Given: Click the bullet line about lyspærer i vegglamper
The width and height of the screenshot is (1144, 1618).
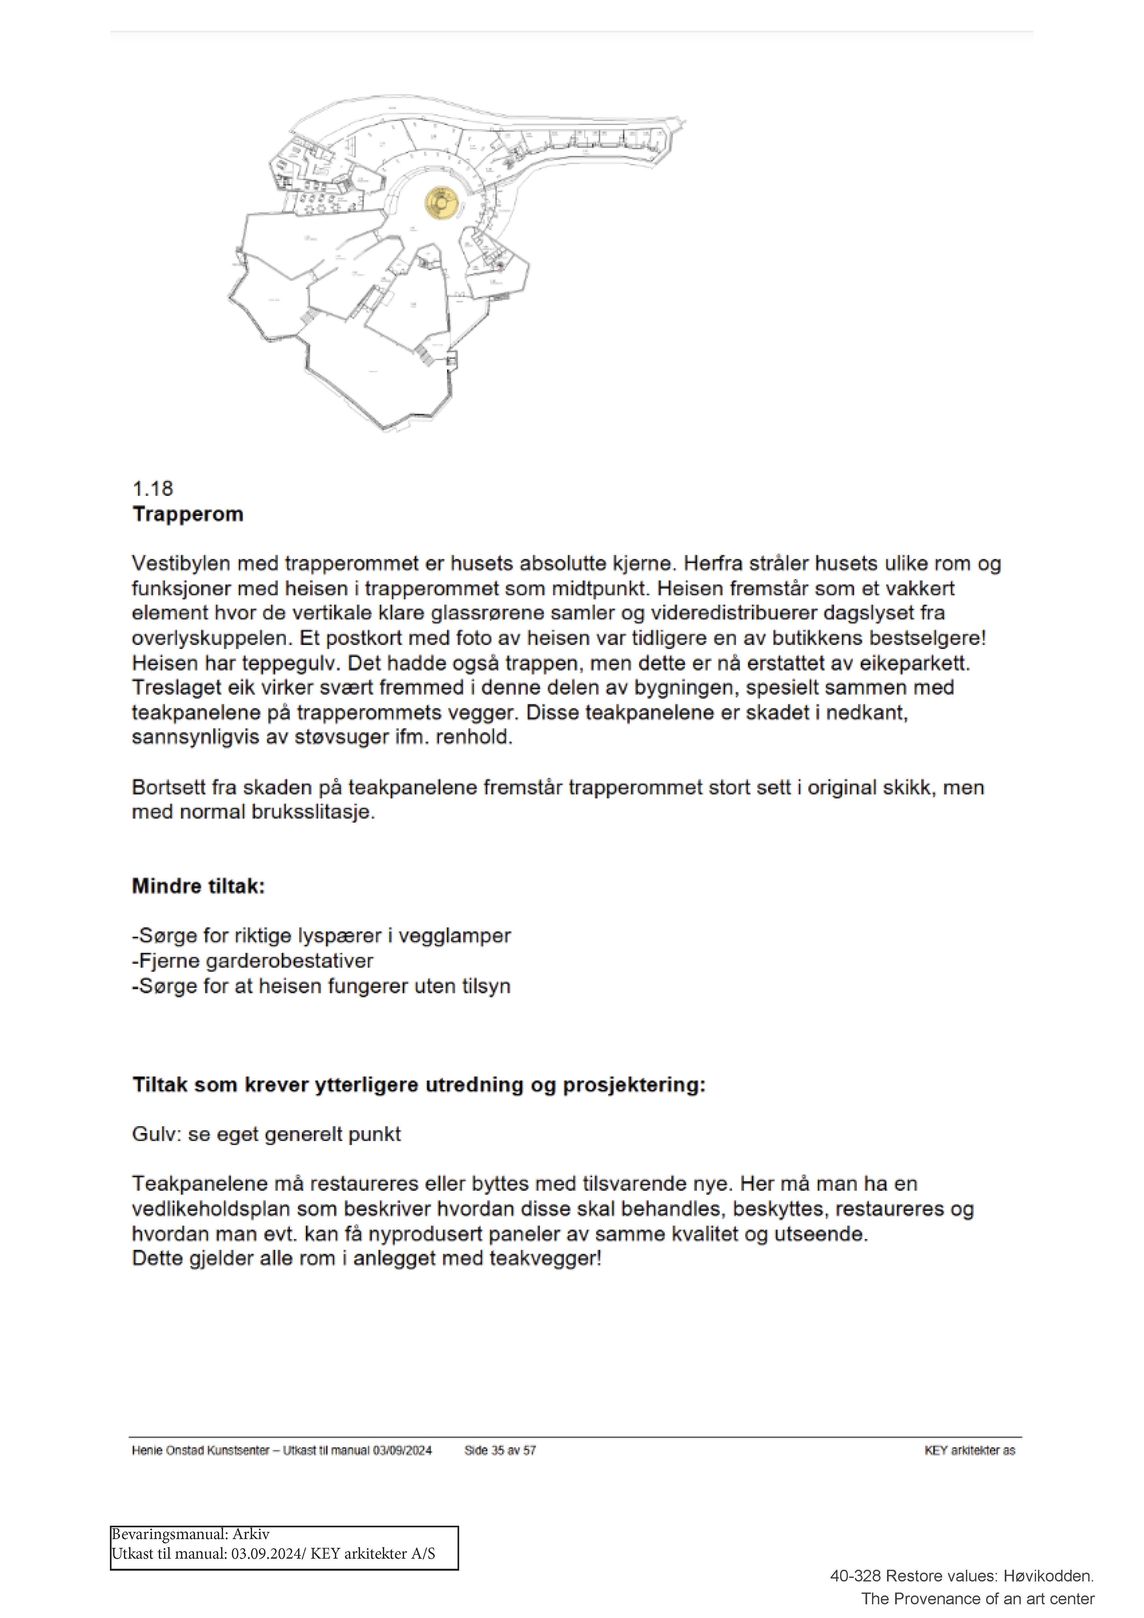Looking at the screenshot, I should [321, 936].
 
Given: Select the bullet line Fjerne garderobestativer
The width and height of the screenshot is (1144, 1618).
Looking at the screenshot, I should [252, 960].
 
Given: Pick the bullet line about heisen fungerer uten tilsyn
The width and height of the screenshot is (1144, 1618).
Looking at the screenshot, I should [321, 986].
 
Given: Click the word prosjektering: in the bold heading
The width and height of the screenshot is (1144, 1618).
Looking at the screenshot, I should [634, 1084].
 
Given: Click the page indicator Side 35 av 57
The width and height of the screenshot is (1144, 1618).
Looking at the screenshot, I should [500, 1450].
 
